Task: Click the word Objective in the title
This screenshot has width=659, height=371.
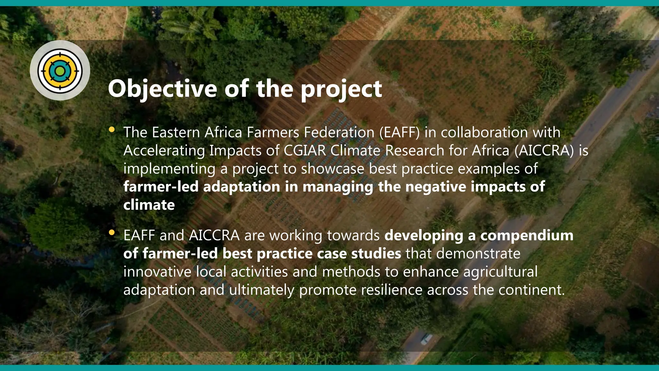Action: tap(162, 89)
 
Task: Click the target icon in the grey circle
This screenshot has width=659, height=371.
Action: tap(60, 71)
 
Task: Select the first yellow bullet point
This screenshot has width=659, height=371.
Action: tap(112, 129)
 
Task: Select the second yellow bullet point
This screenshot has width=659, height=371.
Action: tap(112, 232)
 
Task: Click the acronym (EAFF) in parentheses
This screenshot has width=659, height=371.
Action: tap(399, 132)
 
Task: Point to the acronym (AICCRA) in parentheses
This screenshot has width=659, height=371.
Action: tap(544, 151)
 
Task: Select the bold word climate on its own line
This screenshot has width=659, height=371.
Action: tap(149, 205)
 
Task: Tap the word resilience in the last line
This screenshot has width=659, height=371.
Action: tap(392, 290)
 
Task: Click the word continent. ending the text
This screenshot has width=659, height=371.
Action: tap(532, 290)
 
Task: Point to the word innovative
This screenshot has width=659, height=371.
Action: tap(157, 272)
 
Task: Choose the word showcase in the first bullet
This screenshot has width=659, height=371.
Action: tap(332, 169)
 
